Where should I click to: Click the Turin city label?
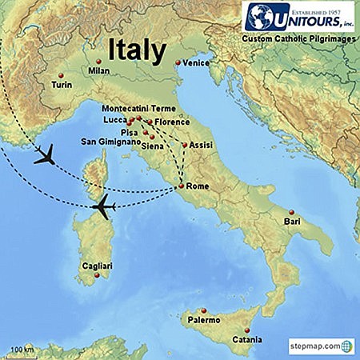click(x=61, y=83)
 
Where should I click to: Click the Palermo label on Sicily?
click(x=203, y=320)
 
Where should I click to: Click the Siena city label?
click(x=153, y=146)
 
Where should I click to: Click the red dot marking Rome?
click(x=182, y=186)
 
